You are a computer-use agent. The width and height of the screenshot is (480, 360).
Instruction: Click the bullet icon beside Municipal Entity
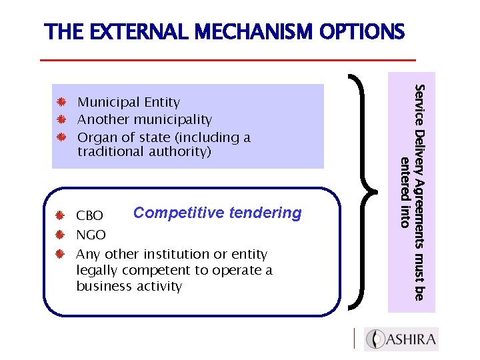tap(60, 103)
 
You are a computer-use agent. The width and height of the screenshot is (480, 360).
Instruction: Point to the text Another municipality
tap(145, 120)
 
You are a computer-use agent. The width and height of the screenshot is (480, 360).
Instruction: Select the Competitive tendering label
tap(217, 213)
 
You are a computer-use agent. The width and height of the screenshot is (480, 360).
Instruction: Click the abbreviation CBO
tap(90, 216)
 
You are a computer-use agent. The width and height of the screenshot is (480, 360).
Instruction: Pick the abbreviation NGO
tap(91, 235)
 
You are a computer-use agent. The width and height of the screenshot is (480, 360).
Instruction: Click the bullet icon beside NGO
tap(60, 235)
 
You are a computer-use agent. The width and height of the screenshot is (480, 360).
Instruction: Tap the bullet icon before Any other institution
tap(60, 254)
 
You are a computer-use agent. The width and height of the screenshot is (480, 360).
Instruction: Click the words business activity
tap(129, 286)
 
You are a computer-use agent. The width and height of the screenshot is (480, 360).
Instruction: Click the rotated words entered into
tap(403, 193)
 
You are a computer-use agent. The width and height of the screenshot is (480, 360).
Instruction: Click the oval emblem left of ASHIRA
tap(377, 339)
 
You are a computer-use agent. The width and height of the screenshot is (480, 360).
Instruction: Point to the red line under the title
tap(223, 60)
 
